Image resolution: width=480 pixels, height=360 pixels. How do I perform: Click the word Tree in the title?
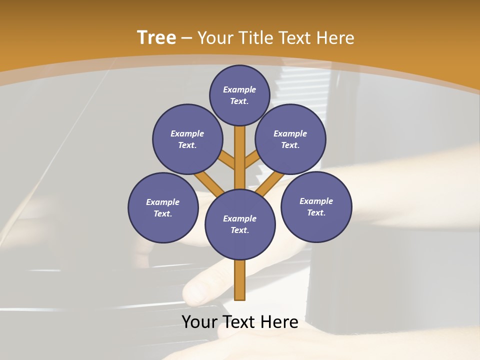pyautogui.click(x=156, y=38)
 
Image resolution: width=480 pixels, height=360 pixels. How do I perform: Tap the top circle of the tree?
pyautogui.click(x=239, y=95)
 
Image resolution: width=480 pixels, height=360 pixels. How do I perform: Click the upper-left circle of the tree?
pyautogui.click(x=187, y=139)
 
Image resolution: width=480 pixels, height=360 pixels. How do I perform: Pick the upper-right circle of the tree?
pyautogui.click(x=290, y=139)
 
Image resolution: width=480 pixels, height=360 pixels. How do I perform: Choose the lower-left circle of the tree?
pyautogui.click(x=163, y=208)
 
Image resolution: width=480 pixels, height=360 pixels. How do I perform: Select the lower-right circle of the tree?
pyautogui.click(x=316, y=207)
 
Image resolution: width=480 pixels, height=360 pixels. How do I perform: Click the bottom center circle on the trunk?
pyautogui.click(x=240, y=224)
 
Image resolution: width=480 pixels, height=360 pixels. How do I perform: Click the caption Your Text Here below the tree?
pyautogui.click(x=240, y=322)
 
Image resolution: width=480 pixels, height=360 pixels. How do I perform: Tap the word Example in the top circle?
pyautogui.click(x=239, y=89)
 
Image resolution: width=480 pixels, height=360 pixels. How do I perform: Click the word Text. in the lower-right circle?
pyautogui.click(x=316, y=213)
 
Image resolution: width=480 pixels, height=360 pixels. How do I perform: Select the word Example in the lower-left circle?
pyautogui.click(x=163, y=202)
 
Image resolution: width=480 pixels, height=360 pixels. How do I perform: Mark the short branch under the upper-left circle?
pyautogui.click(x=226, y=160)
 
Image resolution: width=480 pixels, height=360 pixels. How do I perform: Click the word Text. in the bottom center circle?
pyautogui.click(x=240, y=230)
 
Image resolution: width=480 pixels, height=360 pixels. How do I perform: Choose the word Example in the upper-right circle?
pyautogui.click(x=290, y=133)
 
